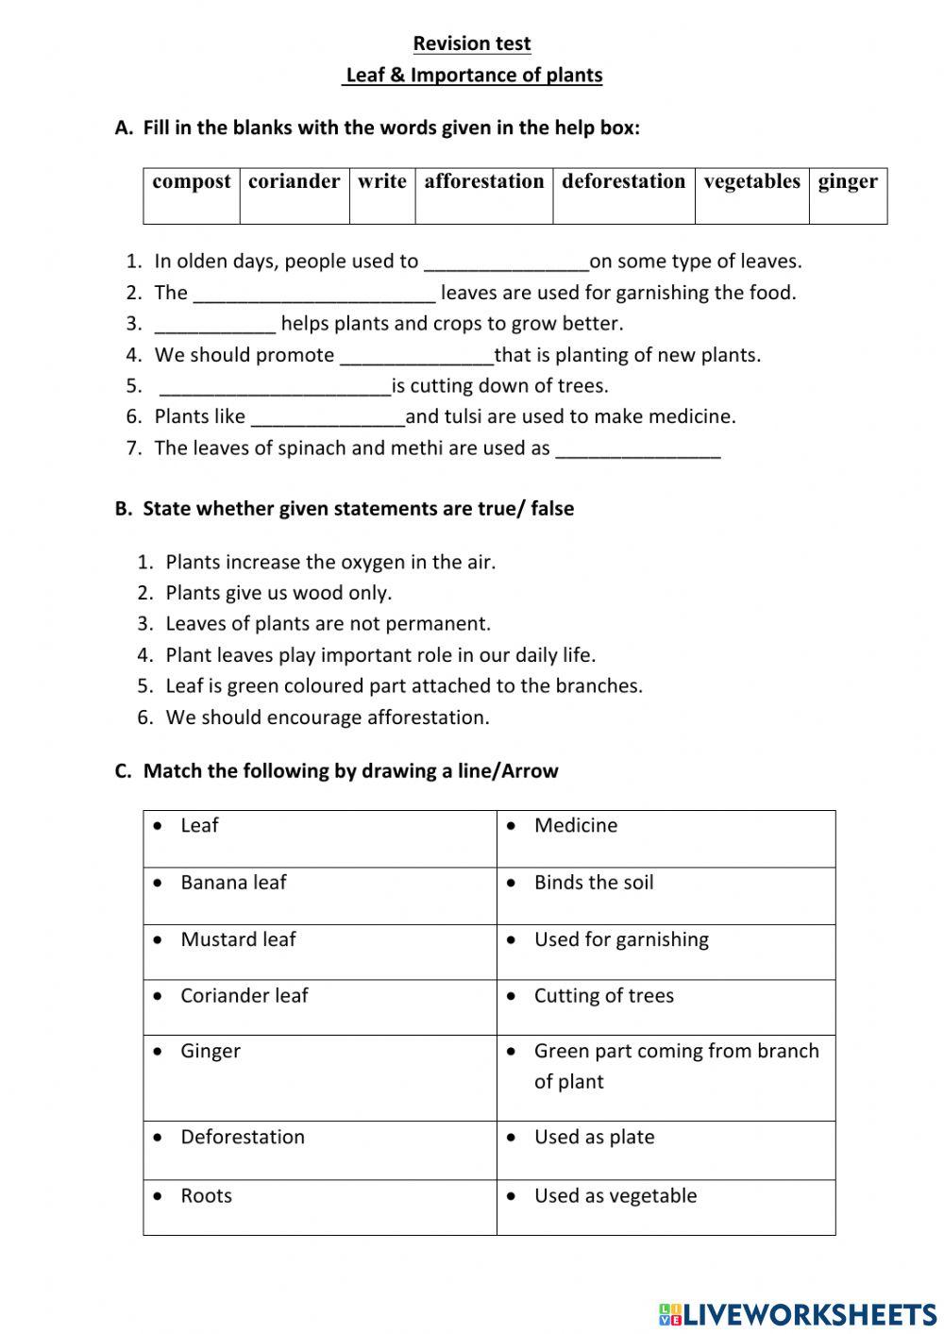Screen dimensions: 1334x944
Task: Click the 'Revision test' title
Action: (471, 43)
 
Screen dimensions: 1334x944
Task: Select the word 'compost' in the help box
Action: (192, 181)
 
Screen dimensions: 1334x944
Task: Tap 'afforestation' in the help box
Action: (483, 181)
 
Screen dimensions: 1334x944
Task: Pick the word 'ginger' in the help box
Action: (847, 181)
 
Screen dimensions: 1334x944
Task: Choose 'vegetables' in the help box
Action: (751, 181)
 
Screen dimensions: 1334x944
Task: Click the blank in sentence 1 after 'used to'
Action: (506, 262)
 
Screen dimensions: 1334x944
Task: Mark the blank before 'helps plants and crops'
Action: (215, 325)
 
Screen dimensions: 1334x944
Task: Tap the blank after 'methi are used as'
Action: (638, 449)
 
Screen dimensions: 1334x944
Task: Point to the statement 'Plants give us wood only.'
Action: (278, 593)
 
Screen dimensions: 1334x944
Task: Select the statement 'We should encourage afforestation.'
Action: (328, 718)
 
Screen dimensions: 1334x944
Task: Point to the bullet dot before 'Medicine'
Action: (511, 826)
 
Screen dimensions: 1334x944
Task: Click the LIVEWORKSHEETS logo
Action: (798, 1313)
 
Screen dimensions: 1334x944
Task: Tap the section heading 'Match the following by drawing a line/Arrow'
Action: (350, 771)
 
